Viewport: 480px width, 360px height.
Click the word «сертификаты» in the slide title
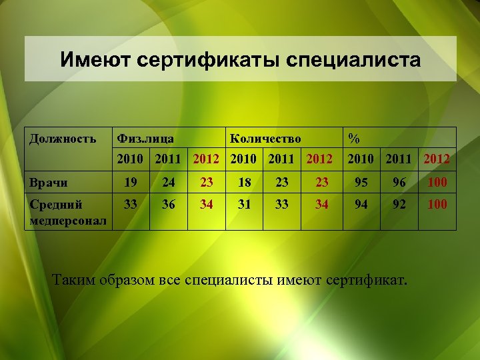pyautogui.click(x=209, y=61)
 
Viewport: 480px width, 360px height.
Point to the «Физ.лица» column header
pyautogui.click(x=145, y=139)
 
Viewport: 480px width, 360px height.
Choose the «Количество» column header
pyautogui.click(x=265, y=139)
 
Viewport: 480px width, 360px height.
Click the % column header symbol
pyautogui.click(x=354, y=139)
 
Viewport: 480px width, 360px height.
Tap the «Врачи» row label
pyautogui.click(x=49, y=182)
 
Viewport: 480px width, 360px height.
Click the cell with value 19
pyautogui.click(x=131, y=182)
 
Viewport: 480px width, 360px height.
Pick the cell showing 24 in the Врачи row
pyautogui.click(x=169, y=182)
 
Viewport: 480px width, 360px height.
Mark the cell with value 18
pyautogui.click(x=245, y=182)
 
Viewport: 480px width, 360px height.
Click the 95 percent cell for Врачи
pyautogui.click(x=361, y=182)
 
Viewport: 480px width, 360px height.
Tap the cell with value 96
pyautogui.click(x=399, y=182)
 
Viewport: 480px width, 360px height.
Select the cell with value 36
pyautogui.click(x=169, y=205)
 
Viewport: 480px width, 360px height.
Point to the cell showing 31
pyautogui.click(x=245, y=205)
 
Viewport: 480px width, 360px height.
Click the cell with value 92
pyautogui.click(x=399, y=205)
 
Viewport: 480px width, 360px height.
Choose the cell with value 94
pyautogui.click(x=361, y=205)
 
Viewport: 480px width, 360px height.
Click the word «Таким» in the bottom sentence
pyautogui.click(x=74, y=278)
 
